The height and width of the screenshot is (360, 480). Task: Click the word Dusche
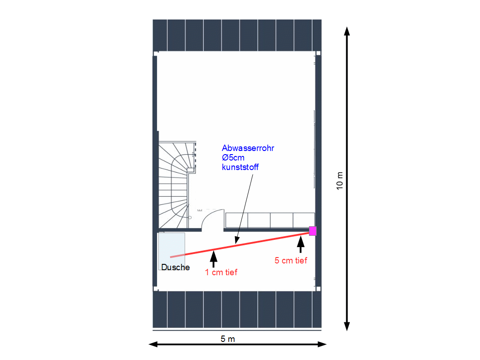[175, 267]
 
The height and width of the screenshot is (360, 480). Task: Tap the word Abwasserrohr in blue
[248, 148]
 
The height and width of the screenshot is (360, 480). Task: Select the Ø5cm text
[233, 158]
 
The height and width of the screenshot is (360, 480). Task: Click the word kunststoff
[240, 167]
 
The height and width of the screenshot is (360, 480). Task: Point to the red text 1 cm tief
[221, 272]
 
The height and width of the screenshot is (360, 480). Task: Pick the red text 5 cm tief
[291, 260]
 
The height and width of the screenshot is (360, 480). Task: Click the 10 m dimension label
[340, 181]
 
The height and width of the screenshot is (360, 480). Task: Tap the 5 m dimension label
[228, 339]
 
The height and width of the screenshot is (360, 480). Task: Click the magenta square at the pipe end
[313, 231]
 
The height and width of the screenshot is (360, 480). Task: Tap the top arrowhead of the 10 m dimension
[347, 31]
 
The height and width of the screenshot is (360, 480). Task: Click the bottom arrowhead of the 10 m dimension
[347, 326]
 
